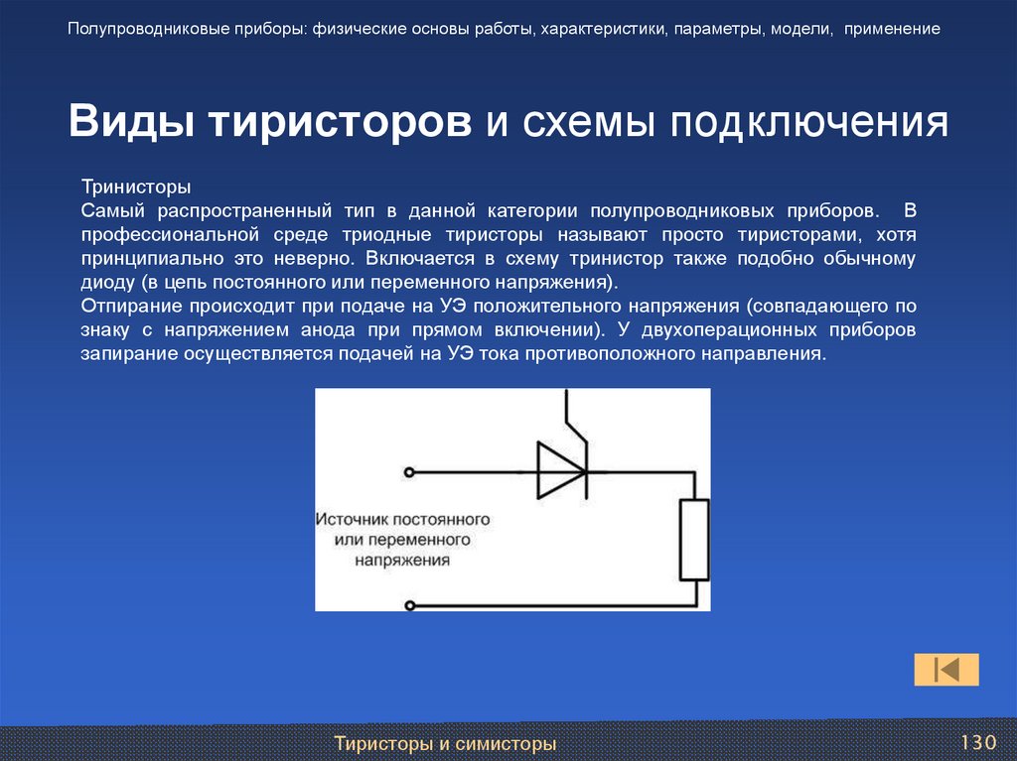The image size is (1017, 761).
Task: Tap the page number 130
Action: point(977,743)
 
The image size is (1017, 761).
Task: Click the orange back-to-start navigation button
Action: point(946,670)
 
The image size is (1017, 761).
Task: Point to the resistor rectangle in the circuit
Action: point(693,540)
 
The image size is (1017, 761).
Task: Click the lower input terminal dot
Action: point(410,603)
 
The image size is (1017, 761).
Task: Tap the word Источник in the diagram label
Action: point(353,519)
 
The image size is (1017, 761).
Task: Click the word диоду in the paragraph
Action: point(103,281)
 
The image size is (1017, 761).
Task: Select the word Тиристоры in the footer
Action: point(381,743)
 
